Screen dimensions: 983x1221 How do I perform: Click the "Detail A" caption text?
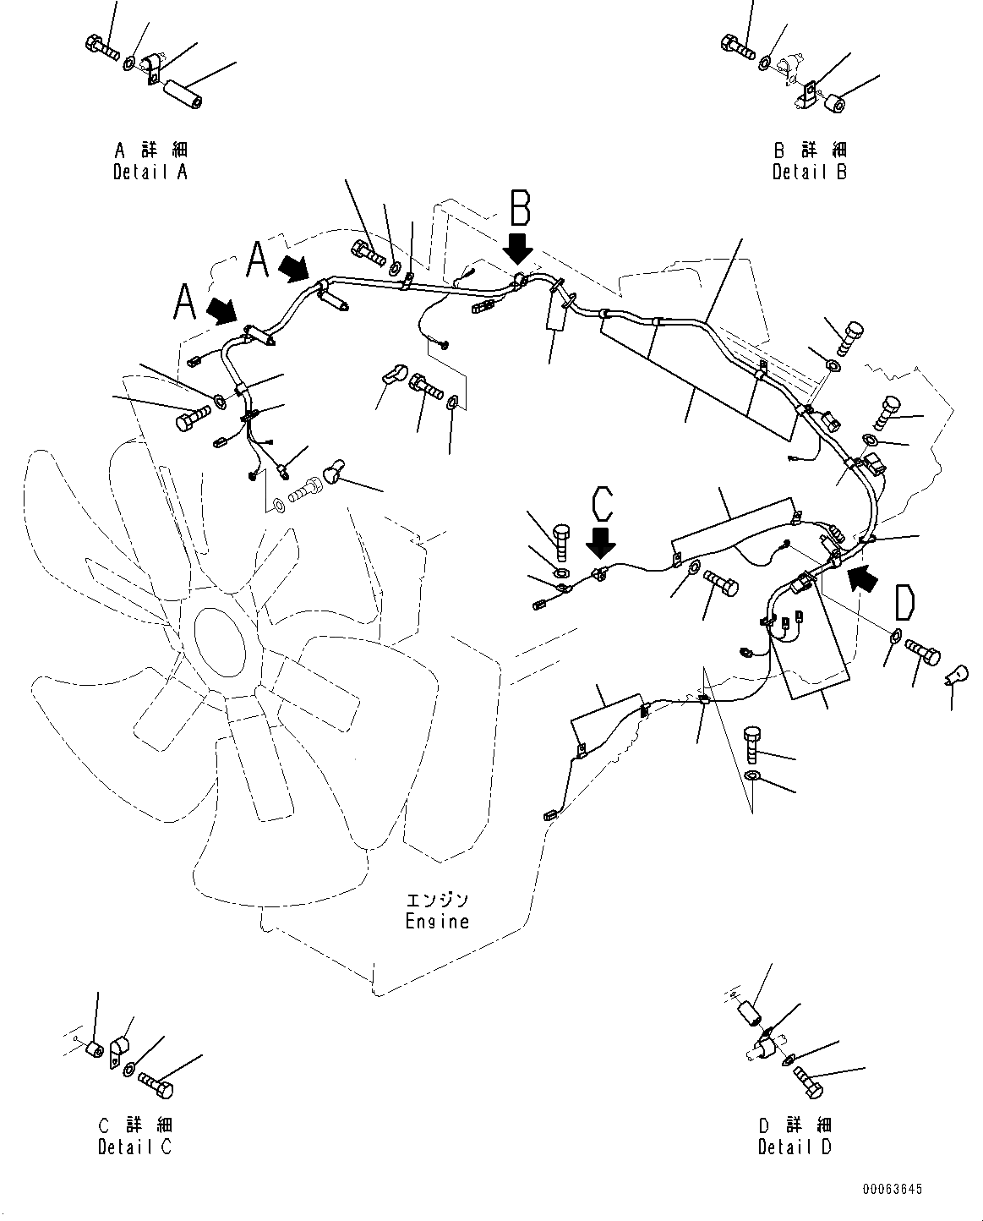click(150, 172)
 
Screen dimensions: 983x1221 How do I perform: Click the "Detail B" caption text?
click(810, 172)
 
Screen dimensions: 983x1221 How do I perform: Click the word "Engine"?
click(437, 922)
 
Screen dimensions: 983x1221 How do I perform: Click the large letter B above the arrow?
click(520, 208)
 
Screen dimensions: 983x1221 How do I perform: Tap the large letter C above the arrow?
click(602, 504)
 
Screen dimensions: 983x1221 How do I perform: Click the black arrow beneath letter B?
click(517, 249)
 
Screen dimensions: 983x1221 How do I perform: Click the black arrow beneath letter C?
click(600, 544)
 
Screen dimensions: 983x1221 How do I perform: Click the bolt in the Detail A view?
click(102, 47)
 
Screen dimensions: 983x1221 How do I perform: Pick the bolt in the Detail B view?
click(738, 47)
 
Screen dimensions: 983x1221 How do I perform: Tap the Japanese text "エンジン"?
click(437, 900)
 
